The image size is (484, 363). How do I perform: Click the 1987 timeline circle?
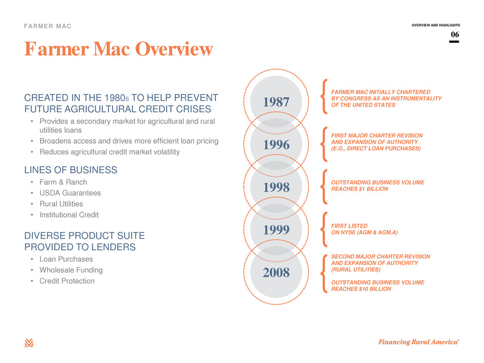[x=276, y=102]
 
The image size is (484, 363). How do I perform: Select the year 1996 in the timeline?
[x=276, y=145]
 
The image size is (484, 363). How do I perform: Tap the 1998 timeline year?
[x=276, y=187]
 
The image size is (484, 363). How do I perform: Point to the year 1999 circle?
[x=276, y=230]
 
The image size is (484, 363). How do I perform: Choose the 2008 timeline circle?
[x=276, y=272]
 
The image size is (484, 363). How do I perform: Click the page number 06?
[x=455, y=34]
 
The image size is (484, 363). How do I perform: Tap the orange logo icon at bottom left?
[x=29, y=343]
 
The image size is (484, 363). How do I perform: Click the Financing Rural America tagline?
[x=419, y=342]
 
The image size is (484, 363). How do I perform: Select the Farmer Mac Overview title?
[x=118, y=49]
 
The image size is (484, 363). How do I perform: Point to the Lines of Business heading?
[x=71, y=170]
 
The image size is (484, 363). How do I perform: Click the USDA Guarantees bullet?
[x=70, y=193]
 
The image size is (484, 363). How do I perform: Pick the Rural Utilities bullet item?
[x=61, y=204]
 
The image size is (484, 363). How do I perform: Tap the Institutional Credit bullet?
[x=69, y=215]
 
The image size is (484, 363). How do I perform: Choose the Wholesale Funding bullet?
[x=71, y=270]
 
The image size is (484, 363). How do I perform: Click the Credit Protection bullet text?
[x=67, y=281]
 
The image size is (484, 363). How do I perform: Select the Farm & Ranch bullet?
[x=63, y=182]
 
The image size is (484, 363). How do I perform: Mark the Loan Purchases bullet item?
[x=66, y=259]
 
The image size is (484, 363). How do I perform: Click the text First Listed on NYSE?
[x=364, y=229]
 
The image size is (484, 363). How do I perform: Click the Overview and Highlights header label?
[x=436, y=25]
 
